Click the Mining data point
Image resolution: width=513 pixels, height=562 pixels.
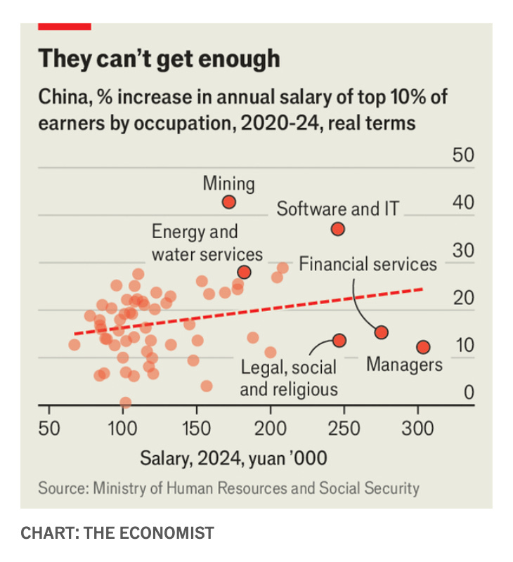[228, 202]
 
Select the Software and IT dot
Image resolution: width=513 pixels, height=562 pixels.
[338, 229]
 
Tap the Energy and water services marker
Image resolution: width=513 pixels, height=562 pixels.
[244, 273]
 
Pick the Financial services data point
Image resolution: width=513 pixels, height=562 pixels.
[382, 332]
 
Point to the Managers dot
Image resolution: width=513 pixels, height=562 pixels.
[423, 347]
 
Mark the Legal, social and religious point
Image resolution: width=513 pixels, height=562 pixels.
[339, 340]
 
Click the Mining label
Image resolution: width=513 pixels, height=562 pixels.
[228, 184]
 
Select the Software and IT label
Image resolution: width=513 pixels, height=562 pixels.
[338, 209]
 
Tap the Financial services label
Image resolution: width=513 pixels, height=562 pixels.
[368, 264]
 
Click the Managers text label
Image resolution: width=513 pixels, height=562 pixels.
[404, 365]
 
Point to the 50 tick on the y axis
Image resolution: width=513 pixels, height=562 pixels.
[463, 155]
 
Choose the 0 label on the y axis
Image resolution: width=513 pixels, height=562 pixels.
[469, 392]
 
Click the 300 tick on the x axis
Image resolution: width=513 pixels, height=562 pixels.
[417, 429]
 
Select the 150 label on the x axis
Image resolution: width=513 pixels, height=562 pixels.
[197, 429]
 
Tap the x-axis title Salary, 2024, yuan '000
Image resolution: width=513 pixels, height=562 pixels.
[233, 459]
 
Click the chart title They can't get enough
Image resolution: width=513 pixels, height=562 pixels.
[159, 58]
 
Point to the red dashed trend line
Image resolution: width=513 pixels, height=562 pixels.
[249, 311]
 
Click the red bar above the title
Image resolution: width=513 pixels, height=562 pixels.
[65, 27]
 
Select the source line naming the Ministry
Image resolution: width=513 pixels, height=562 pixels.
[228, 488]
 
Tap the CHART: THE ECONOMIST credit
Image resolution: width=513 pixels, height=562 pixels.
[117, 533]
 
